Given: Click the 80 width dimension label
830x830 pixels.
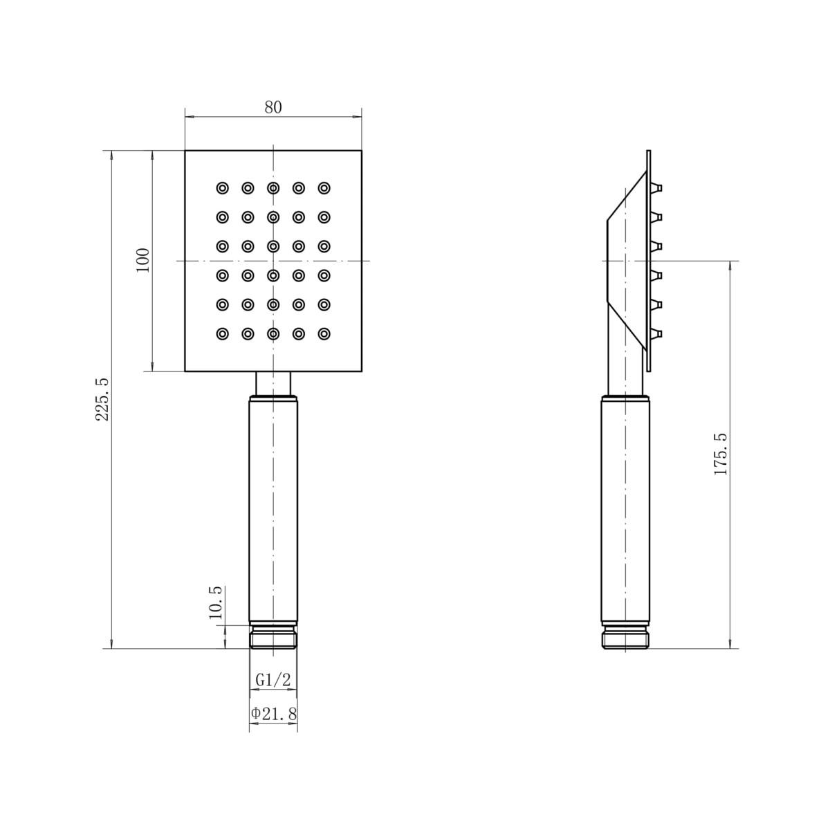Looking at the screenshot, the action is coord(273,107).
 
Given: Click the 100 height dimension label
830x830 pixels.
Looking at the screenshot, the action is coord(142,260).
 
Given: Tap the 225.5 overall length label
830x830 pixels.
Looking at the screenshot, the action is coord(102,399).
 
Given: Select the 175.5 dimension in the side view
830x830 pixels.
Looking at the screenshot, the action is coord(721,454).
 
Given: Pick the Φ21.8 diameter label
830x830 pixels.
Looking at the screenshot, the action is coord(274,714).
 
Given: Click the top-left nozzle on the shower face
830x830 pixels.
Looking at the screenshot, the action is coord(222,188).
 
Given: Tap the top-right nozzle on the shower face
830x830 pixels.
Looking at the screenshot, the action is coord(324,188).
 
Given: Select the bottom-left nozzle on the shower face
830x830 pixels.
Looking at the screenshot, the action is coord(222,333).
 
